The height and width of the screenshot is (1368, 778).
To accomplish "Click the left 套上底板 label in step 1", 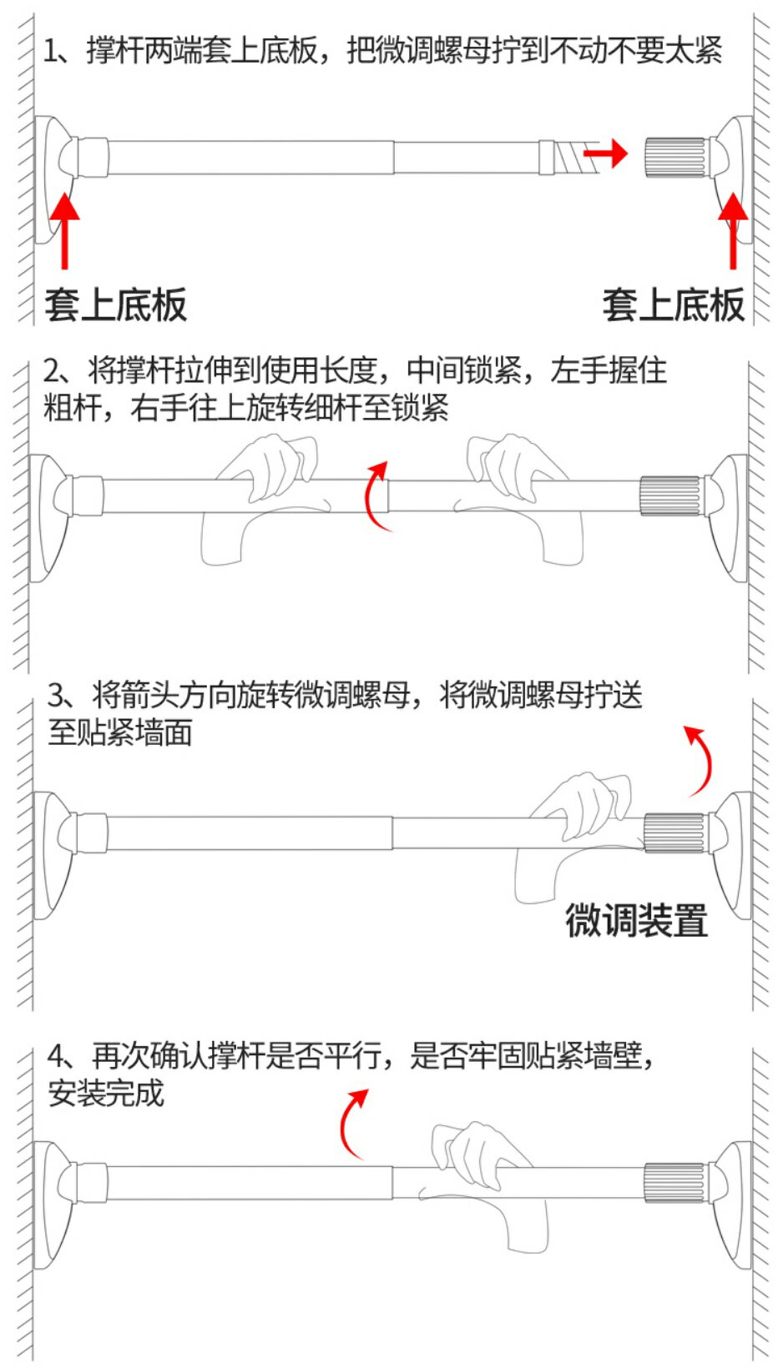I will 115,304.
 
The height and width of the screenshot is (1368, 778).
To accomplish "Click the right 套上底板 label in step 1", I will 673,304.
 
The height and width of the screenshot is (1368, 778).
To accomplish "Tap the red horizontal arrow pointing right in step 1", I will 604,153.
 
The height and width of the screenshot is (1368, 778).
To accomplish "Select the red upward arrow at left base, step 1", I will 64,229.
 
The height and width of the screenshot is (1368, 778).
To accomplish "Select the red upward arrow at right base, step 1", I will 733,229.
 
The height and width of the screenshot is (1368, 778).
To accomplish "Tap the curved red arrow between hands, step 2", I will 376,495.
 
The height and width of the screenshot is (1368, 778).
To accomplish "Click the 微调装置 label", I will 636,921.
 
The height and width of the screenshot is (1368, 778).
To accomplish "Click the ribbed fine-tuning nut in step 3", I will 674,832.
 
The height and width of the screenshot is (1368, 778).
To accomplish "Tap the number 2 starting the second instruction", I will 52,370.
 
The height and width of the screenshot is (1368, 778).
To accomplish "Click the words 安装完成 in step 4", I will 106,1093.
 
